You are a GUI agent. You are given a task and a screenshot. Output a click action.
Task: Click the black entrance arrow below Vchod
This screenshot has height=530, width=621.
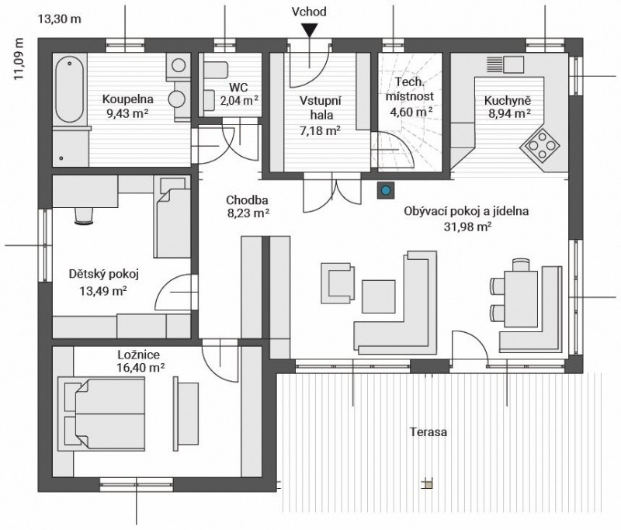309,30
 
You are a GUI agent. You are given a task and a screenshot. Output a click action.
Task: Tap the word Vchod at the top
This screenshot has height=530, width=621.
309,12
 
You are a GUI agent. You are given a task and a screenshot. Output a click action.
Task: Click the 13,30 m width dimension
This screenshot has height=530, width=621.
60,19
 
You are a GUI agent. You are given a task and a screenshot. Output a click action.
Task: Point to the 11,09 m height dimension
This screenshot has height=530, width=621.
19,59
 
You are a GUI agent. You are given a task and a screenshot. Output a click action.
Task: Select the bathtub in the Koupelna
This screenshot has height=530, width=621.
70,90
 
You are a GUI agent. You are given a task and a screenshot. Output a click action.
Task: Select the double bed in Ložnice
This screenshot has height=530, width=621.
102,414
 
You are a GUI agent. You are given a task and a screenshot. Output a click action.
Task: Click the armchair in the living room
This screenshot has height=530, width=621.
338,283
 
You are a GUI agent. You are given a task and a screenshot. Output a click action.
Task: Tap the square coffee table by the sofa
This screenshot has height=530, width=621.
379,296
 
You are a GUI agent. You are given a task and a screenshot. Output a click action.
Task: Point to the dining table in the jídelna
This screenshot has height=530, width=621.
521,299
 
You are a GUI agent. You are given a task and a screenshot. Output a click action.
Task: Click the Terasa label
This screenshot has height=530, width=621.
428,431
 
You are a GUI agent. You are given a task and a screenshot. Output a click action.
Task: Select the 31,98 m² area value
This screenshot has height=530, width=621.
467,227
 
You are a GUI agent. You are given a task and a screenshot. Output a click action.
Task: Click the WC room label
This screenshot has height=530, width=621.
239,87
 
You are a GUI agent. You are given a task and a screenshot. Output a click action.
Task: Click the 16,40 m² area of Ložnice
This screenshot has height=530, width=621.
141,368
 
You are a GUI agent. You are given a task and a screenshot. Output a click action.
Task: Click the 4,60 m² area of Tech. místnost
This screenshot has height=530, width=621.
411,112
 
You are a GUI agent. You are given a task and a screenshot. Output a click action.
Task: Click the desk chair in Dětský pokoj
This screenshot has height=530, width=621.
84,216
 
